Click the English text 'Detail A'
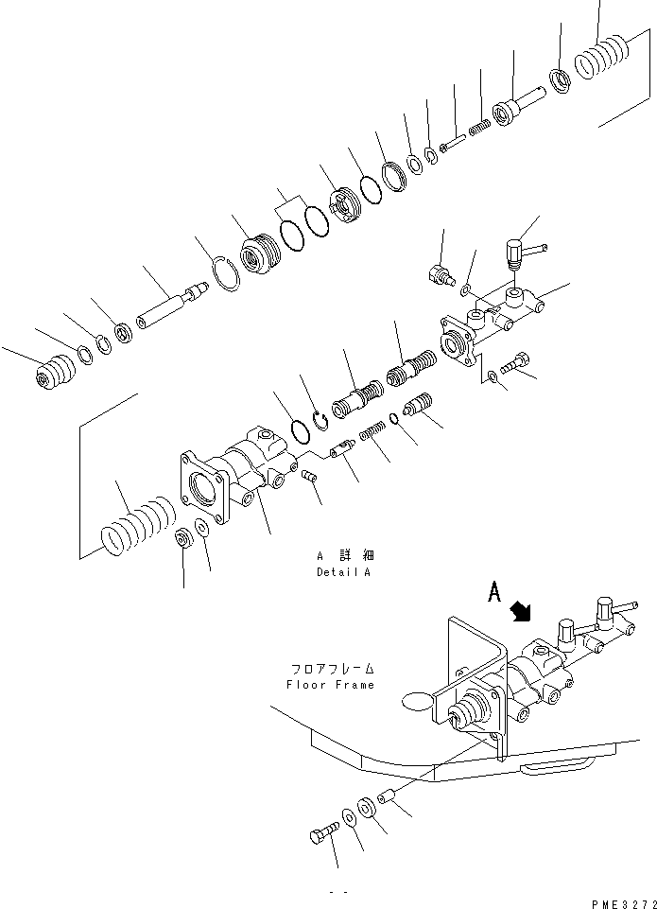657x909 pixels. click(344, 573)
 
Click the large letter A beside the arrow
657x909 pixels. click(493, 593)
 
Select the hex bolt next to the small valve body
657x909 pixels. click(519, 362)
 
